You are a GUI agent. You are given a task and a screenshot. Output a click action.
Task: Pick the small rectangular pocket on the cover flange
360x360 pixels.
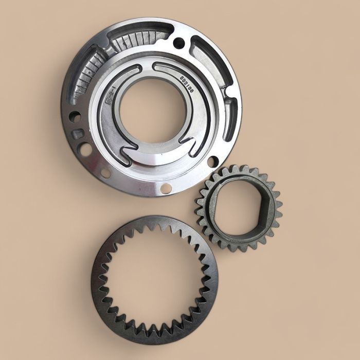tap(78, 134)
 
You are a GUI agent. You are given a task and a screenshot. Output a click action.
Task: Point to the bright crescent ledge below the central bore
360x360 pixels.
tap(154, 154)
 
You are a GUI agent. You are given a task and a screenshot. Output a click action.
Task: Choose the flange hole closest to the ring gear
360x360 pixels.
tap(166, 188)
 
